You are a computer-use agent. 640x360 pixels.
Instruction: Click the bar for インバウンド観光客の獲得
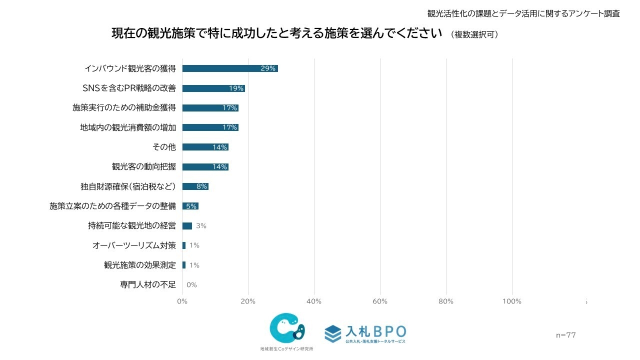click(230, 68)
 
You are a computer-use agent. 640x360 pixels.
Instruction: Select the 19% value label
click(236, 88)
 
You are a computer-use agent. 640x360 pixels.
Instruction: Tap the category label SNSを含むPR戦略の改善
click(129, 88)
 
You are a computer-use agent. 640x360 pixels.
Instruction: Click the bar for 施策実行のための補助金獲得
click(210, 108)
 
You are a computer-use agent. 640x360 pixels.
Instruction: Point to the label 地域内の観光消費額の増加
click(128, 127)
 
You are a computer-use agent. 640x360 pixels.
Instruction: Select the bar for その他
click(205, 147)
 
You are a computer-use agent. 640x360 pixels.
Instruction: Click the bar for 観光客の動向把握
click(205, 166)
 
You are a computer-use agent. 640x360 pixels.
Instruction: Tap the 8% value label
click(201, 186)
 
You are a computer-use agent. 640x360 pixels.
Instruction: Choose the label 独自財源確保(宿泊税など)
click(128, 186)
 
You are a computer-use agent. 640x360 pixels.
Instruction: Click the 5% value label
click(191, 206)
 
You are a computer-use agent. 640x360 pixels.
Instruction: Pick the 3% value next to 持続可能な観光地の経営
click(201, 226)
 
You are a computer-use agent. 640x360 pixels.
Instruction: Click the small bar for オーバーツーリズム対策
click(184, 245)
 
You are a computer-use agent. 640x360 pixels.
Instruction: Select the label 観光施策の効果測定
click(140, 265)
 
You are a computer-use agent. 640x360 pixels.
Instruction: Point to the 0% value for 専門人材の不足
click(191, 285)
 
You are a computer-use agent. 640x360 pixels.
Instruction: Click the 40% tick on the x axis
click(313, 301)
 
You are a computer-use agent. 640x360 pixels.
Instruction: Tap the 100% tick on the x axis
click(511, 301)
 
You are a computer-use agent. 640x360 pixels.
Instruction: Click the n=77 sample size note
click(565, 335)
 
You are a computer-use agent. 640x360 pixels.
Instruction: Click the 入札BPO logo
click(365, 333)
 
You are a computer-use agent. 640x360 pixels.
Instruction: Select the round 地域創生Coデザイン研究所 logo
click(286, 329)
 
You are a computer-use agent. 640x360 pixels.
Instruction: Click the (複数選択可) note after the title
click(474, 34)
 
